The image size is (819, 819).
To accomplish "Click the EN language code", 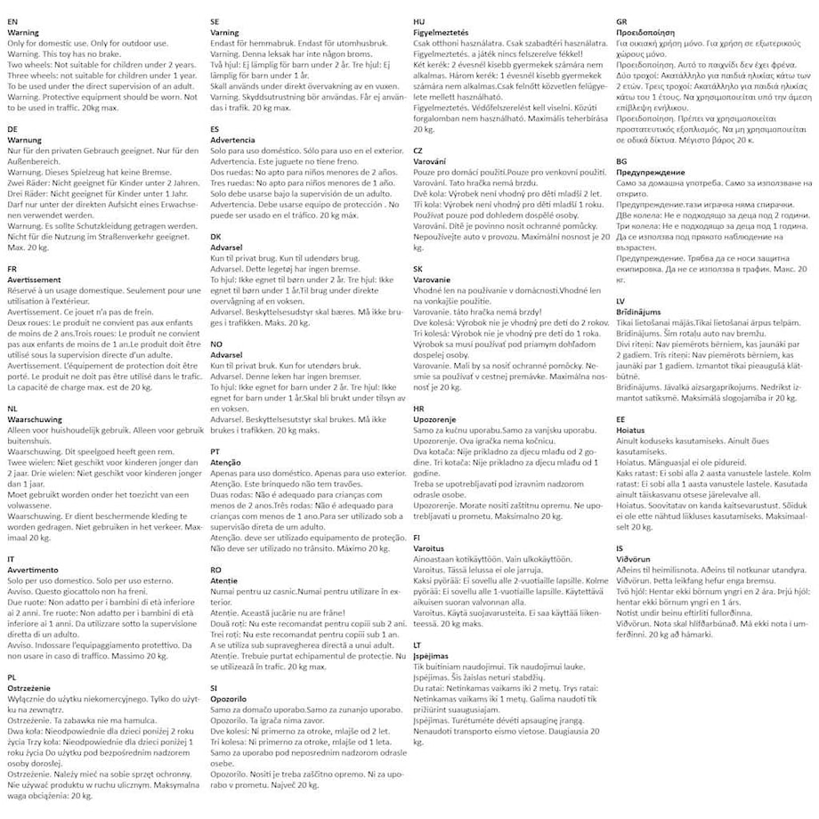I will point(12,20).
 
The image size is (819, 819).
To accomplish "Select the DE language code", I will point(12,128).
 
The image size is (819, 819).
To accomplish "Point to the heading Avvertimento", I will point(32,569).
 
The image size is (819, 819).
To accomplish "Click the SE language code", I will point(215,20).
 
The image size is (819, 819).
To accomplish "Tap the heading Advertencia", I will point(233,140).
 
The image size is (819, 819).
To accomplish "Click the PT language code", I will point(215,451).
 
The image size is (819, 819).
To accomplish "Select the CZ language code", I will point(418,150).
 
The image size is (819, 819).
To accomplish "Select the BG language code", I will point(622,161).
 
